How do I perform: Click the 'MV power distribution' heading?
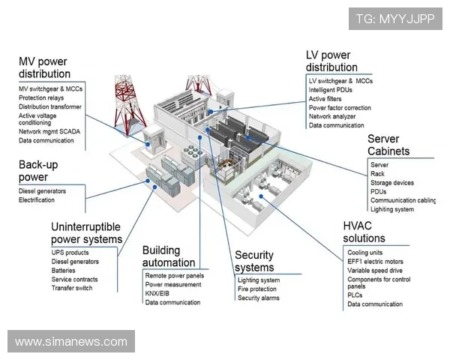44,67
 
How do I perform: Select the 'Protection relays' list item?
41,98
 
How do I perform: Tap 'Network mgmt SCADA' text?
49,131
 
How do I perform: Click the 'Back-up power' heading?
38,170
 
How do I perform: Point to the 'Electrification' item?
37,200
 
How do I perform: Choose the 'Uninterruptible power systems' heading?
86,232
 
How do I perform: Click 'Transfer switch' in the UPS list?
72,288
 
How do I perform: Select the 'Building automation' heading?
168,256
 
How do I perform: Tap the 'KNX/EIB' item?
158,293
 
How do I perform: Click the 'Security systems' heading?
254,261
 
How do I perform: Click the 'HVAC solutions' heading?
364,232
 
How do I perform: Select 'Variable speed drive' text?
375,271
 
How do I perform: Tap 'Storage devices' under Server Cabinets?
393,182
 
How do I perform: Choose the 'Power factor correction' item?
340,108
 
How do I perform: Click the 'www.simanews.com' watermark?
71,342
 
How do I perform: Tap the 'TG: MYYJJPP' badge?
396,19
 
